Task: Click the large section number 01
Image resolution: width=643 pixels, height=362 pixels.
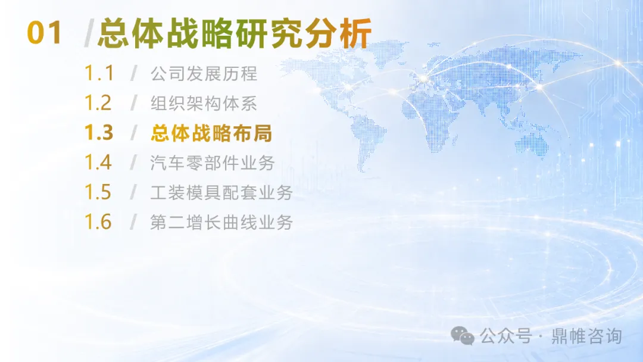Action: [44, 33]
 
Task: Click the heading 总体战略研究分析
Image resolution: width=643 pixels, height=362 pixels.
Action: [235, 33]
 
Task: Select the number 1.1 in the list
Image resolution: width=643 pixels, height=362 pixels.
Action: [98, 73]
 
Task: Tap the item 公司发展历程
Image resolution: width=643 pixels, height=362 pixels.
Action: [204, 74]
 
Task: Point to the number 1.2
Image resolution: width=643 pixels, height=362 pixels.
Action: [98, 103]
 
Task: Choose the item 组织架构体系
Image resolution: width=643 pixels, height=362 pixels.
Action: [204, 104]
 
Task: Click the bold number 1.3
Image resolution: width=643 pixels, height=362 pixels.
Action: [98, 132]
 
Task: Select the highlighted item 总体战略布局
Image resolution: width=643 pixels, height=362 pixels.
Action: [211, 133]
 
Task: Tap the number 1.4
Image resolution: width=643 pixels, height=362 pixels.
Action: [98, 162]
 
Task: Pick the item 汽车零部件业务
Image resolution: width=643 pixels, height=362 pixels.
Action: [213, 163]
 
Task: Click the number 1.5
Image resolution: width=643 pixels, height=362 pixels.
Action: [98, 192]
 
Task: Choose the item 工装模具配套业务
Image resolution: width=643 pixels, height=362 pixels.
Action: [221, 193]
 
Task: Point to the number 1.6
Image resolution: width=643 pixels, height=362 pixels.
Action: [98, 221]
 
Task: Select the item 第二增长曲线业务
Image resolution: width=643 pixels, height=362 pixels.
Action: [221, 222]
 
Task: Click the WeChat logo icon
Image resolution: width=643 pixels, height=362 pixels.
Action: [463, 335]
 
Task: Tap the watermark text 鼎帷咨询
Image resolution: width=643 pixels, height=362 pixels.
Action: [587, 336]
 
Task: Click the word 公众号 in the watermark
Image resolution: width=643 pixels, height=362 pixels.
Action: [506, 336]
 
